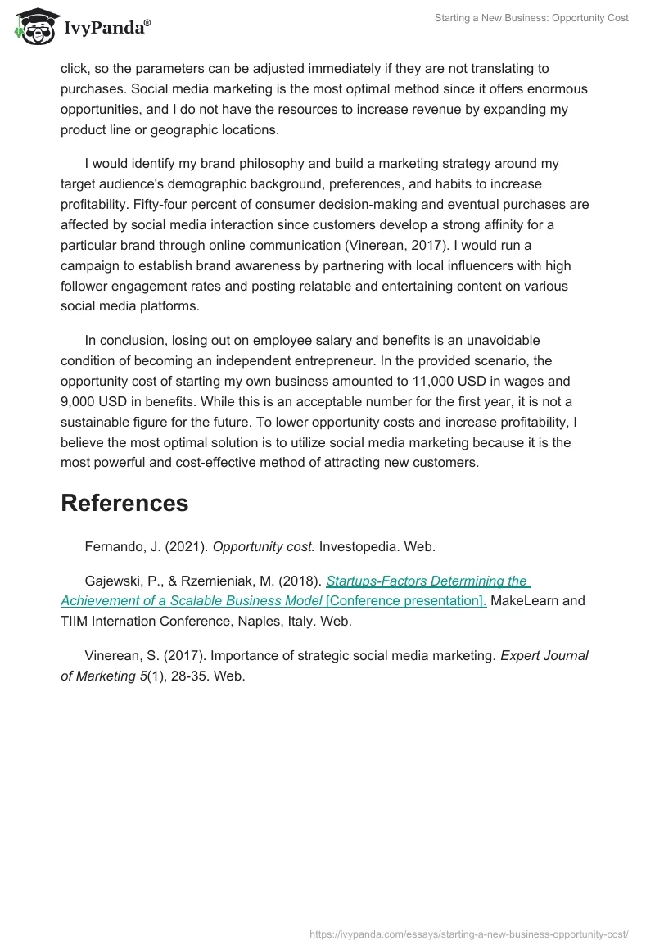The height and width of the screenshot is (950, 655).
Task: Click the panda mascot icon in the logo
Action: coord(32,25)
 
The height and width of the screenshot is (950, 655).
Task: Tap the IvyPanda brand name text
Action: coord(106,28)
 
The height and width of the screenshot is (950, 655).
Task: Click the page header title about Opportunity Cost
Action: coord(531,18)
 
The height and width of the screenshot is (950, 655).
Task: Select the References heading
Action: coord(124,503)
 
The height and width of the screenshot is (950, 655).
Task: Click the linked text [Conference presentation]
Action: coord(405,600)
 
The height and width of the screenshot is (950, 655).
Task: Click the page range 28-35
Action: coord(190,676)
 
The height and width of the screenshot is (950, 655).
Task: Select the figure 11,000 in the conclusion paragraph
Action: coord(440,381)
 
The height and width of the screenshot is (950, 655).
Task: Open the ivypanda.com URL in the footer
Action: coord(469,934)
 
